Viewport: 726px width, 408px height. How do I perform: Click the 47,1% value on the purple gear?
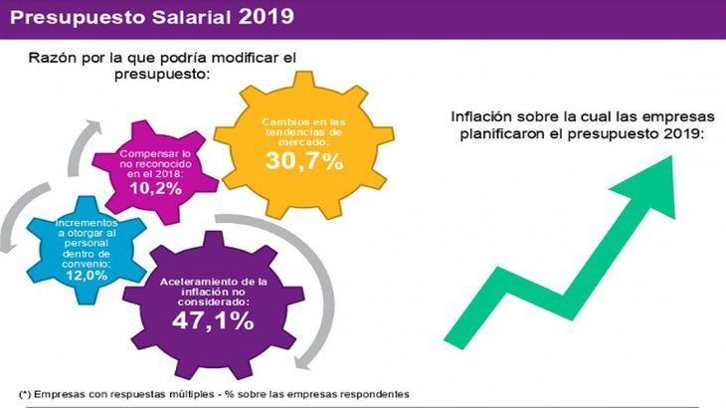213,320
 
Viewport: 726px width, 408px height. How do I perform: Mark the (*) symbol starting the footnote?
25,391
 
